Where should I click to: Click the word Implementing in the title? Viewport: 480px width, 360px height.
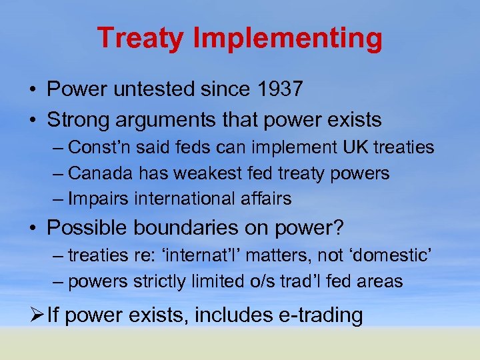click(x=287, y=39)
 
